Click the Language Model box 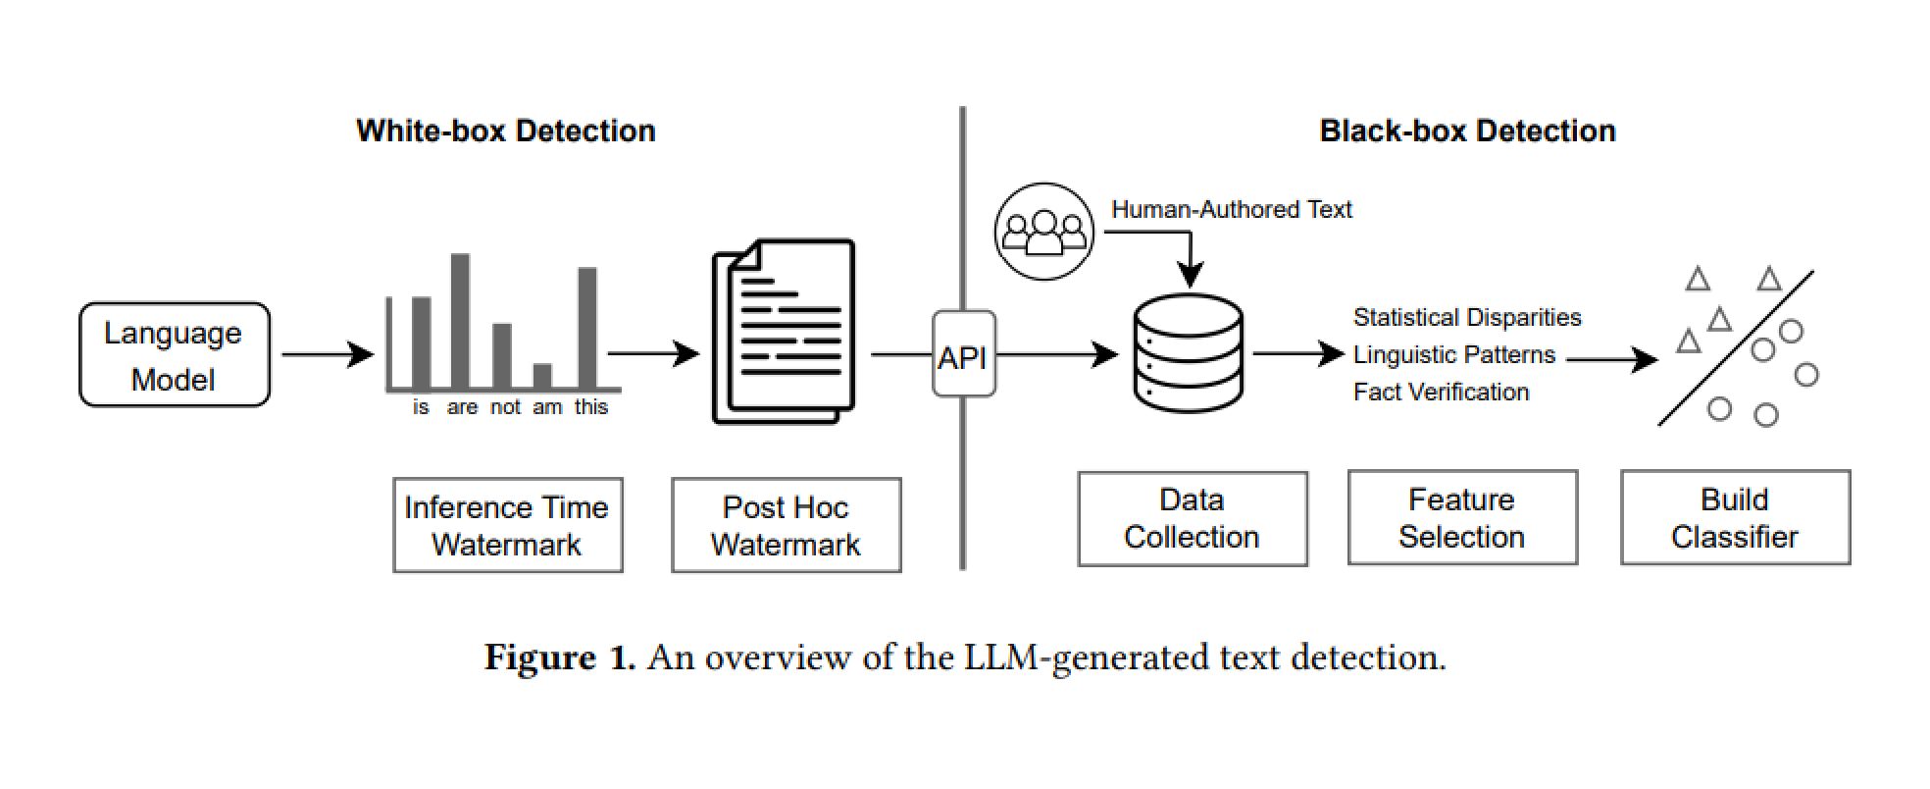point(174,355)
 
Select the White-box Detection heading point(505,131)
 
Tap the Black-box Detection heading point(1466,131)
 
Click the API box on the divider point(963,355)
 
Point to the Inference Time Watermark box point(507,525)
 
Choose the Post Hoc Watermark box point(786,525)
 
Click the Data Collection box point(1192,518)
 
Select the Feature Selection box point(1461,518)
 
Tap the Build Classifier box point(1734,518)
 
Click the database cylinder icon point(1188,353)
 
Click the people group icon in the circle point(1043,232)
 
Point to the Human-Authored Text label point(1231,210)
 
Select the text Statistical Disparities point(1466,318)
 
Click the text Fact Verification point(1441,393)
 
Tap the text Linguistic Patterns point(1453,355)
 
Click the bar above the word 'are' point(460,321)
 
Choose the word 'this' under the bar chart point(590,407)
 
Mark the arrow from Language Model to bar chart point(327,354)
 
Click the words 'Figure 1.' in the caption point(559,657)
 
